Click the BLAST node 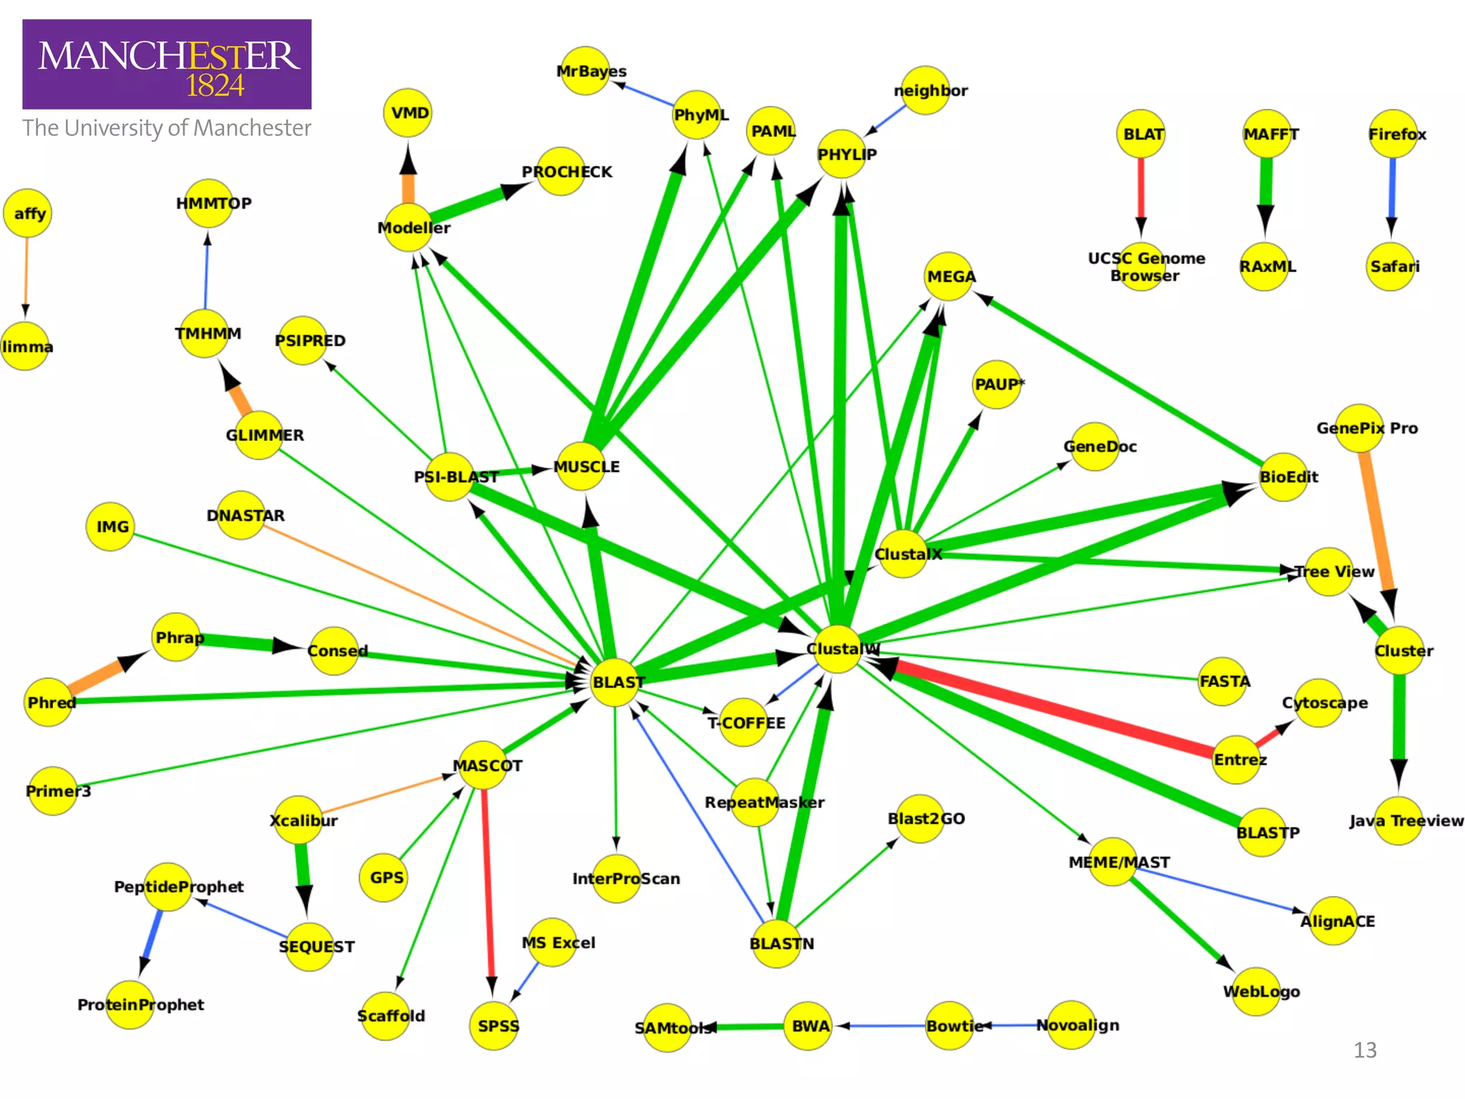tap(615, 682)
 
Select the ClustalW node tap(837, 649)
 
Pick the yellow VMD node tap(408, 113)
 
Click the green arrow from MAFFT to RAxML tap(1265, 190)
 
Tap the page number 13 tap(1365, 1050)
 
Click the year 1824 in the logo tap(215, 86)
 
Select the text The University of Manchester tap(167, 128)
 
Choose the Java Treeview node tap(1398, 821)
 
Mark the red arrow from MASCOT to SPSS tap(488, 887)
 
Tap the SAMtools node tap(667, 1028)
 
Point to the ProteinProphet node tap(130, 1005)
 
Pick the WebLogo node tap(1256, 991)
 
